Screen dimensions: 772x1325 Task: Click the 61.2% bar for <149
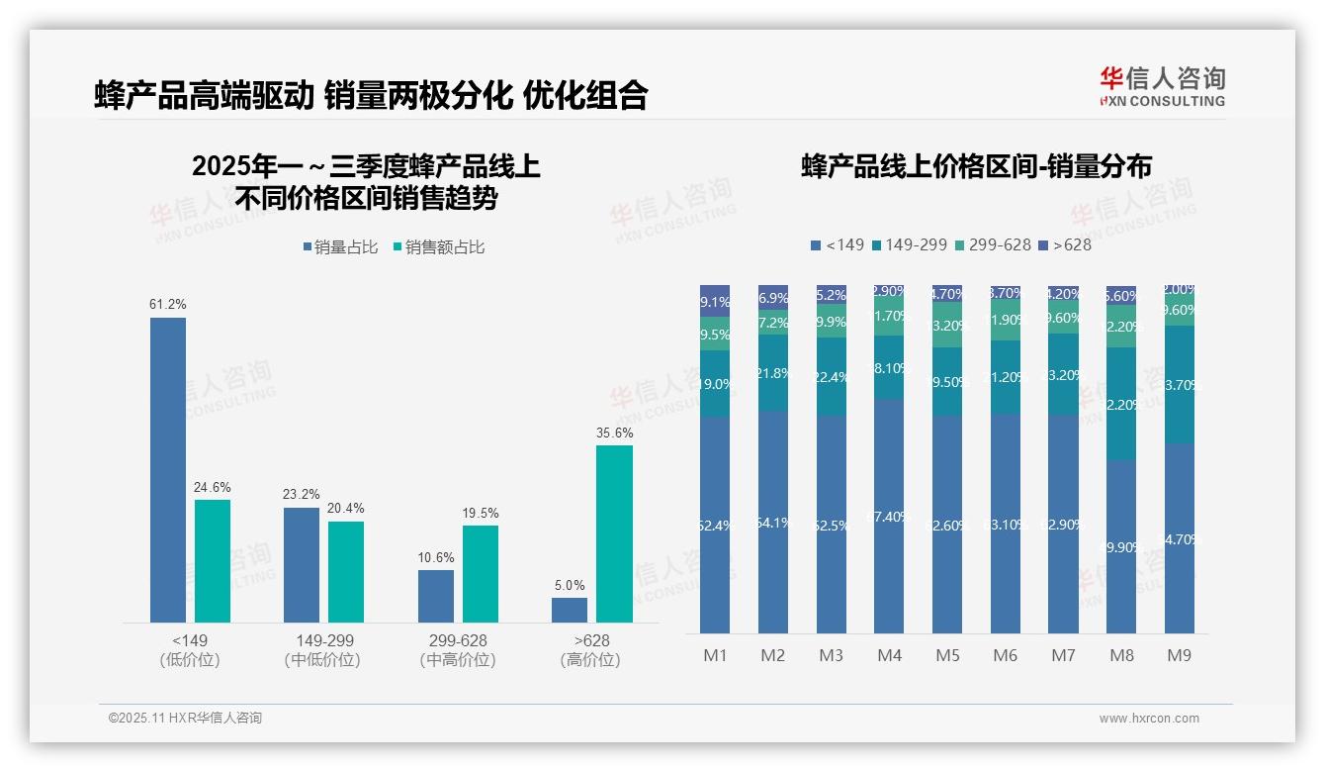pos(168,469)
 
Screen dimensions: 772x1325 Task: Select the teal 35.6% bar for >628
pos(614,533)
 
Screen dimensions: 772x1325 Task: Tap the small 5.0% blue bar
pos(570,610)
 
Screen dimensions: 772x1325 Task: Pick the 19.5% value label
pos(481,513)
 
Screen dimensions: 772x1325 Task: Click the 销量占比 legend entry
pos(340,247)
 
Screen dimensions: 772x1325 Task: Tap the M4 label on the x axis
pos(889,655)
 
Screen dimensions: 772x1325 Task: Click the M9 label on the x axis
pos(1179,655)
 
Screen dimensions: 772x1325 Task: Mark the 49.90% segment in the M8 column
pos(1121,546)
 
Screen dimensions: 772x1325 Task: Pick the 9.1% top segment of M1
pos(715,302)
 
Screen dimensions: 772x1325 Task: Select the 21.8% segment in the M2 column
pos(773,372)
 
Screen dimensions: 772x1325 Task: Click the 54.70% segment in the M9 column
pos(1180,538)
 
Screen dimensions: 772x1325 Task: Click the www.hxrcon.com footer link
pos(1149,719)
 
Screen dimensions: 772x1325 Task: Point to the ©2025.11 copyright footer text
pos(185,719)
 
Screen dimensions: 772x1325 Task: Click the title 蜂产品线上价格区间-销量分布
pos(976,166)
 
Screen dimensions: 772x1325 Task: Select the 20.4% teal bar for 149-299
pos(346,571)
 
